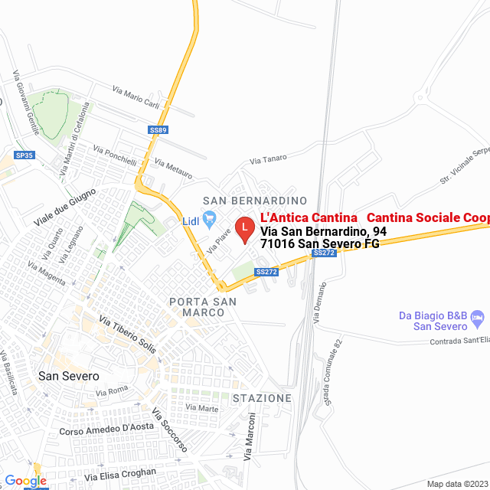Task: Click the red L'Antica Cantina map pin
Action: tap(244, 229)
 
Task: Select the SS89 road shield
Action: tap(158, 130)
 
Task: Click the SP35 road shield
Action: tap(24, 155)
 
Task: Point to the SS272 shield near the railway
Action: tap(325, 253)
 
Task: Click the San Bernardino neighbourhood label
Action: tap(249, 201)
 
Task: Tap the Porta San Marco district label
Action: tap(197, 306)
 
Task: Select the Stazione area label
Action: tap(262, 398)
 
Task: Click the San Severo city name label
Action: tap(69, 376)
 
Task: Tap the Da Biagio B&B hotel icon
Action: tap(478, 316)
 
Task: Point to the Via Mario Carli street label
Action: tap(136, 98)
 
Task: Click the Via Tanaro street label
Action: tap(268, 158)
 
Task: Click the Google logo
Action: tap(25, 480)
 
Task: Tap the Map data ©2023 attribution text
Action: tap(457, 484)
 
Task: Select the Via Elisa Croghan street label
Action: tap(120, 475)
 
